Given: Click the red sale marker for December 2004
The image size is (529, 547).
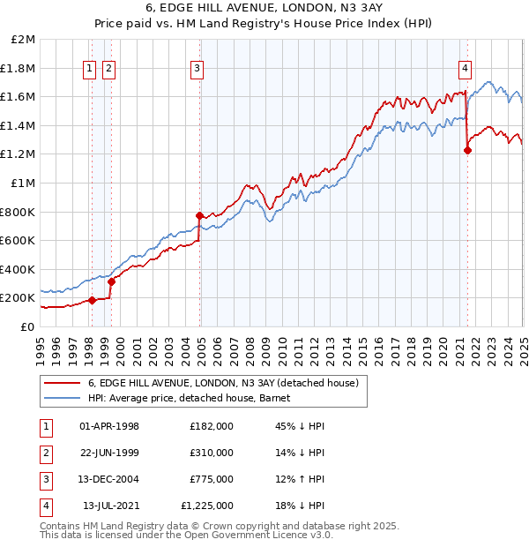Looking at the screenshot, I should click(x=200, y=214).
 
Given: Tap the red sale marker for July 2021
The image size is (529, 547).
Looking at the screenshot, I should click(x=467, y=150).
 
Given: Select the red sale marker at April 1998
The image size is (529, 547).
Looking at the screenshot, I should click(x=93, y=300).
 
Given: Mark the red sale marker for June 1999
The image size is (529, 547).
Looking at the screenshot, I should click(x=112, y=282).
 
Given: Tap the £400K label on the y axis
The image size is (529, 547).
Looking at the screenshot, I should click(x=19, y=269).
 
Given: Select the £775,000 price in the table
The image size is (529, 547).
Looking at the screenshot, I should click(x=211, y=479).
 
